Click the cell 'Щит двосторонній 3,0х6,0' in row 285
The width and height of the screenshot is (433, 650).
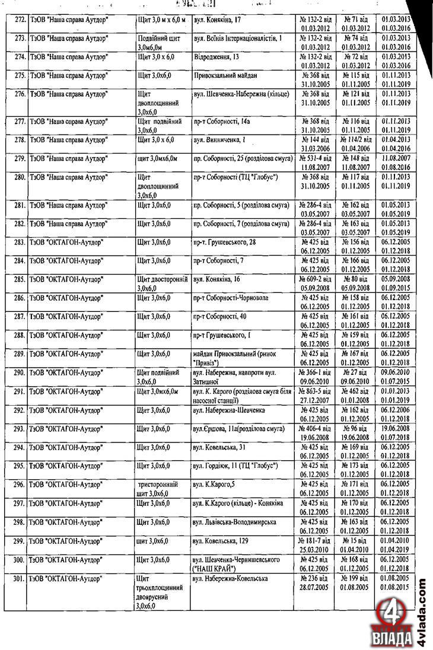coord(162,282)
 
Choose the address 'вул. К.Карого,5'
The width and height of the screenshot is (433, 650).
coord(214,485)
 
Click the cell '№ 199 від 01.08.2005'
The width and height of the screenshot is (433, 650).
coord(355,582)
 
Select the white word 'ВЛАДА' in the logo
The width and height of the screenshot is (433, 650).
coord(394,639)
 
